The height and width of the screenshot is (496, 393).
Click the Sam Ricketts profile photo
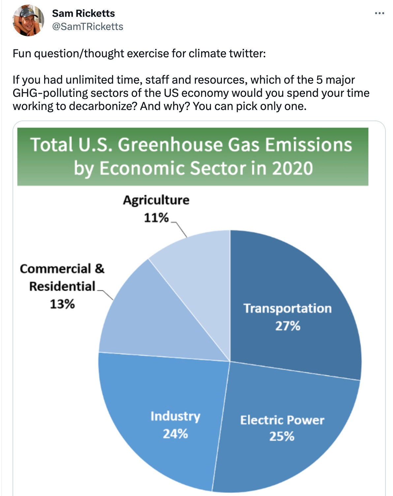coord(28,20)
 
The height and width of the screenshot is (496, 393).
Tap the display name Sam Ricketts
coord(83,13)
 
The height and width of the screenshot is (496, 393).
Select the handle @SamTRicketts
coord(87,26)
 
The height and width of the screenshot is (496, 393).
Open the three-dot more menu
coord(379,13)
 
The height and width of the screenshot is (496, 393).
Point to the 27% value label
coord(287,326)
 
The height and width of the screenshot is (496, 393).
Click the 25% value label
coord(282,436)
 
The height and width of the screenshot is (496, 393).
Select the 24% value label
coord(175,434)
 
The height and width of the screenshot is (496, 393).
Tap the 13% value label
coord(62,304)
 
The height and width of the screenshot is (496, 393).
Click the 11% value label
coord(156,218)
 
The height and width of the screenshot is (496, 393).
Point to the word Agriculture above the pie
coord(156,200)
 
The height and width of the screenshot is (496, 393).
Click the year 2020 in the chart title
coord(292,168)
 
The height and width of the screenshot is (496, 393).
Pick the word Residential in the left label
coord(62,286)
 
